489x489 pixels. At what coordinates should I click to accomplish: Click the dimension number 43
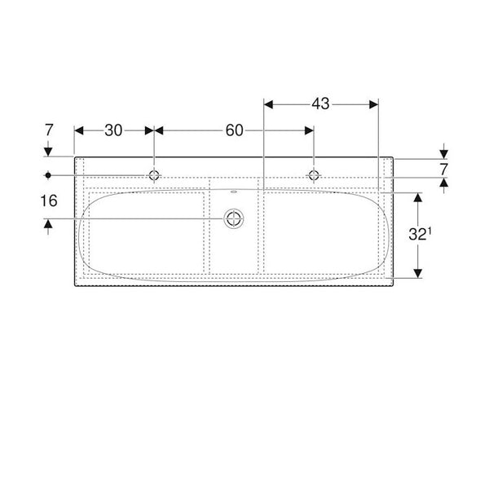point(320,104)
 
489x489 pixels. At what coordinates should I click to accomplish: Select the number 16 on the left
point(50,200)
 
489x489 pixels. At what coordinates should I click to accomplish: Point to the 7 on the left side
point(50,130)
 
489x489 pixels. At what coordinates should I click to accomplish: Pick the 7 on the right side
point(443,170)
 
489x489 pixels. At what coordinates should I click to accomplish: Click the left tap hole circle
point(154,174)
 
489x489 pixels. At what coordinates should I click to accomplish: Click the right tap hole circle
point(312,174)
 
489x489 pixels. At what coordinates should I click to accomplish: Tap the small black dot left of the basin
point(49,174)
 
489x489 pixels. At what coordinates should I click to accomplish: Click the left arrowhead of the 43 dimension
point(270,104)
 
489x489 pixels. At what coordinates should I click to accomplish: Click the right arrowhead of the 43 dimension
point(374,104)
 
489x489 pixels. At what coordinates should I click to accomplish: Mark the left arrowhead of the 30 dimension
point(79,130)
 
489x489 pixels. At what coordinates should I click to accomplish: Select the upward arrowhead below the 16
point(50,222)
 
